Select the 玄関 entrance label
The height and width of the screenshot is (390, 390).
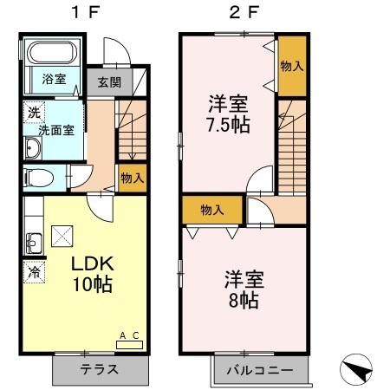click(108, 82)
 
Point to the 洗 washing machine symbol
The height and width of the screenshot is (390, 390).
click(33, 112)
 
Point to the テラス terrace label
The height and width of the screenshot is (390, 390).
click(100, 370)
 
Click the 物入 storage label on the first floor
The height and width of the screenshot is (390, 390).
click(132, 178)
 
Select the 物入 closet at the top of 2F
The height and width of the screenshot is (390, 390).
click(291, 66)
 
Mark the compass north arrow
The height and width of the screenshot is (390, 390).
click(359, 370)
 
